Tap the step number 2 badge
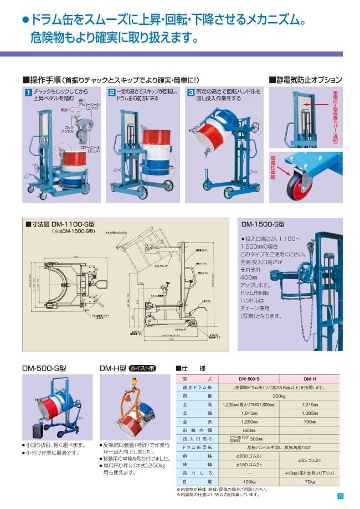pyautogui.click(x=111, y=92)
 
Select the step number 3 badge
pyautogui.click(x=191, y=92)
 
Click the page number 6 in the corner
pyautogui.click(x=341, y=496)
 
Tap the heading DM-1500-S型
pyautogui.click(x=263, y=224)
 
